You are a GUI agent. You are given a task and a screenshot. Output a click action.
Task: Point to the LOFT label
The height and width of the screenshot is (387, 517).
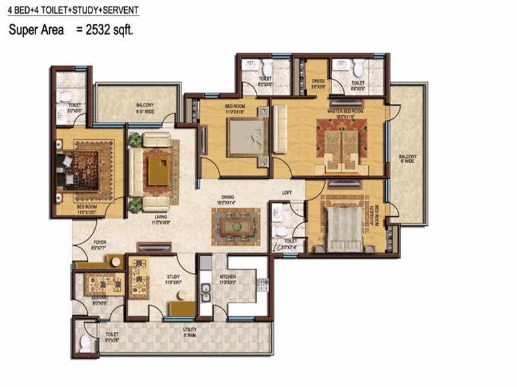click(x=288, y=192)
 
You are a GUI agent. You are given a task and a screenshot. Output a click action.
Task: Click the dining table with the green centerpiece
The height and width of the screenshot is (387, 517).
click(x=237, y=226)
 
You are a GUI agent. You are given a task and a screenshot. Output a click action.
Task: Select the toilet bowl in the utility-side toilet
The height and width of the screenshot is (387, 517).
click(x=85, y=342)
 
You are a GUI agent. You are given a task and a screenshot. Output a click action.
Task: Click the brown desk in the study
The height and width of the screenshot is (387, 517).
click(x=183, y=308)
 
